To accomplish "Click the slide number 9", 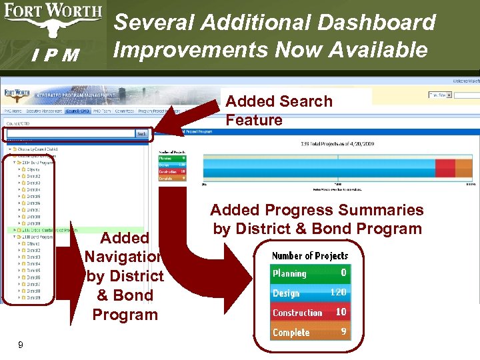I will click(21, 345).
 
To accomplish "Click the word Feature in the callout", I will click(254, 120).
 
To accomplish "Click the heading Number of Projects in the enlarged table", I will click(310, 255).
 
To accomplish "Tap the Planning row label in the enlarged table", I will click(289, 273).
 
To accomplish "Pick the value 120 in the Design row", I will click(337, 292).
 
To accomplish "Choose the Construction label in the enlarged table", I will click(297, 312).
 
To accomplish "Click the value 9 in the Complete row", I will click(343, 331).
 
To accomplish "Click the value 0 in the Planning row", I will click(343, 273).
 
